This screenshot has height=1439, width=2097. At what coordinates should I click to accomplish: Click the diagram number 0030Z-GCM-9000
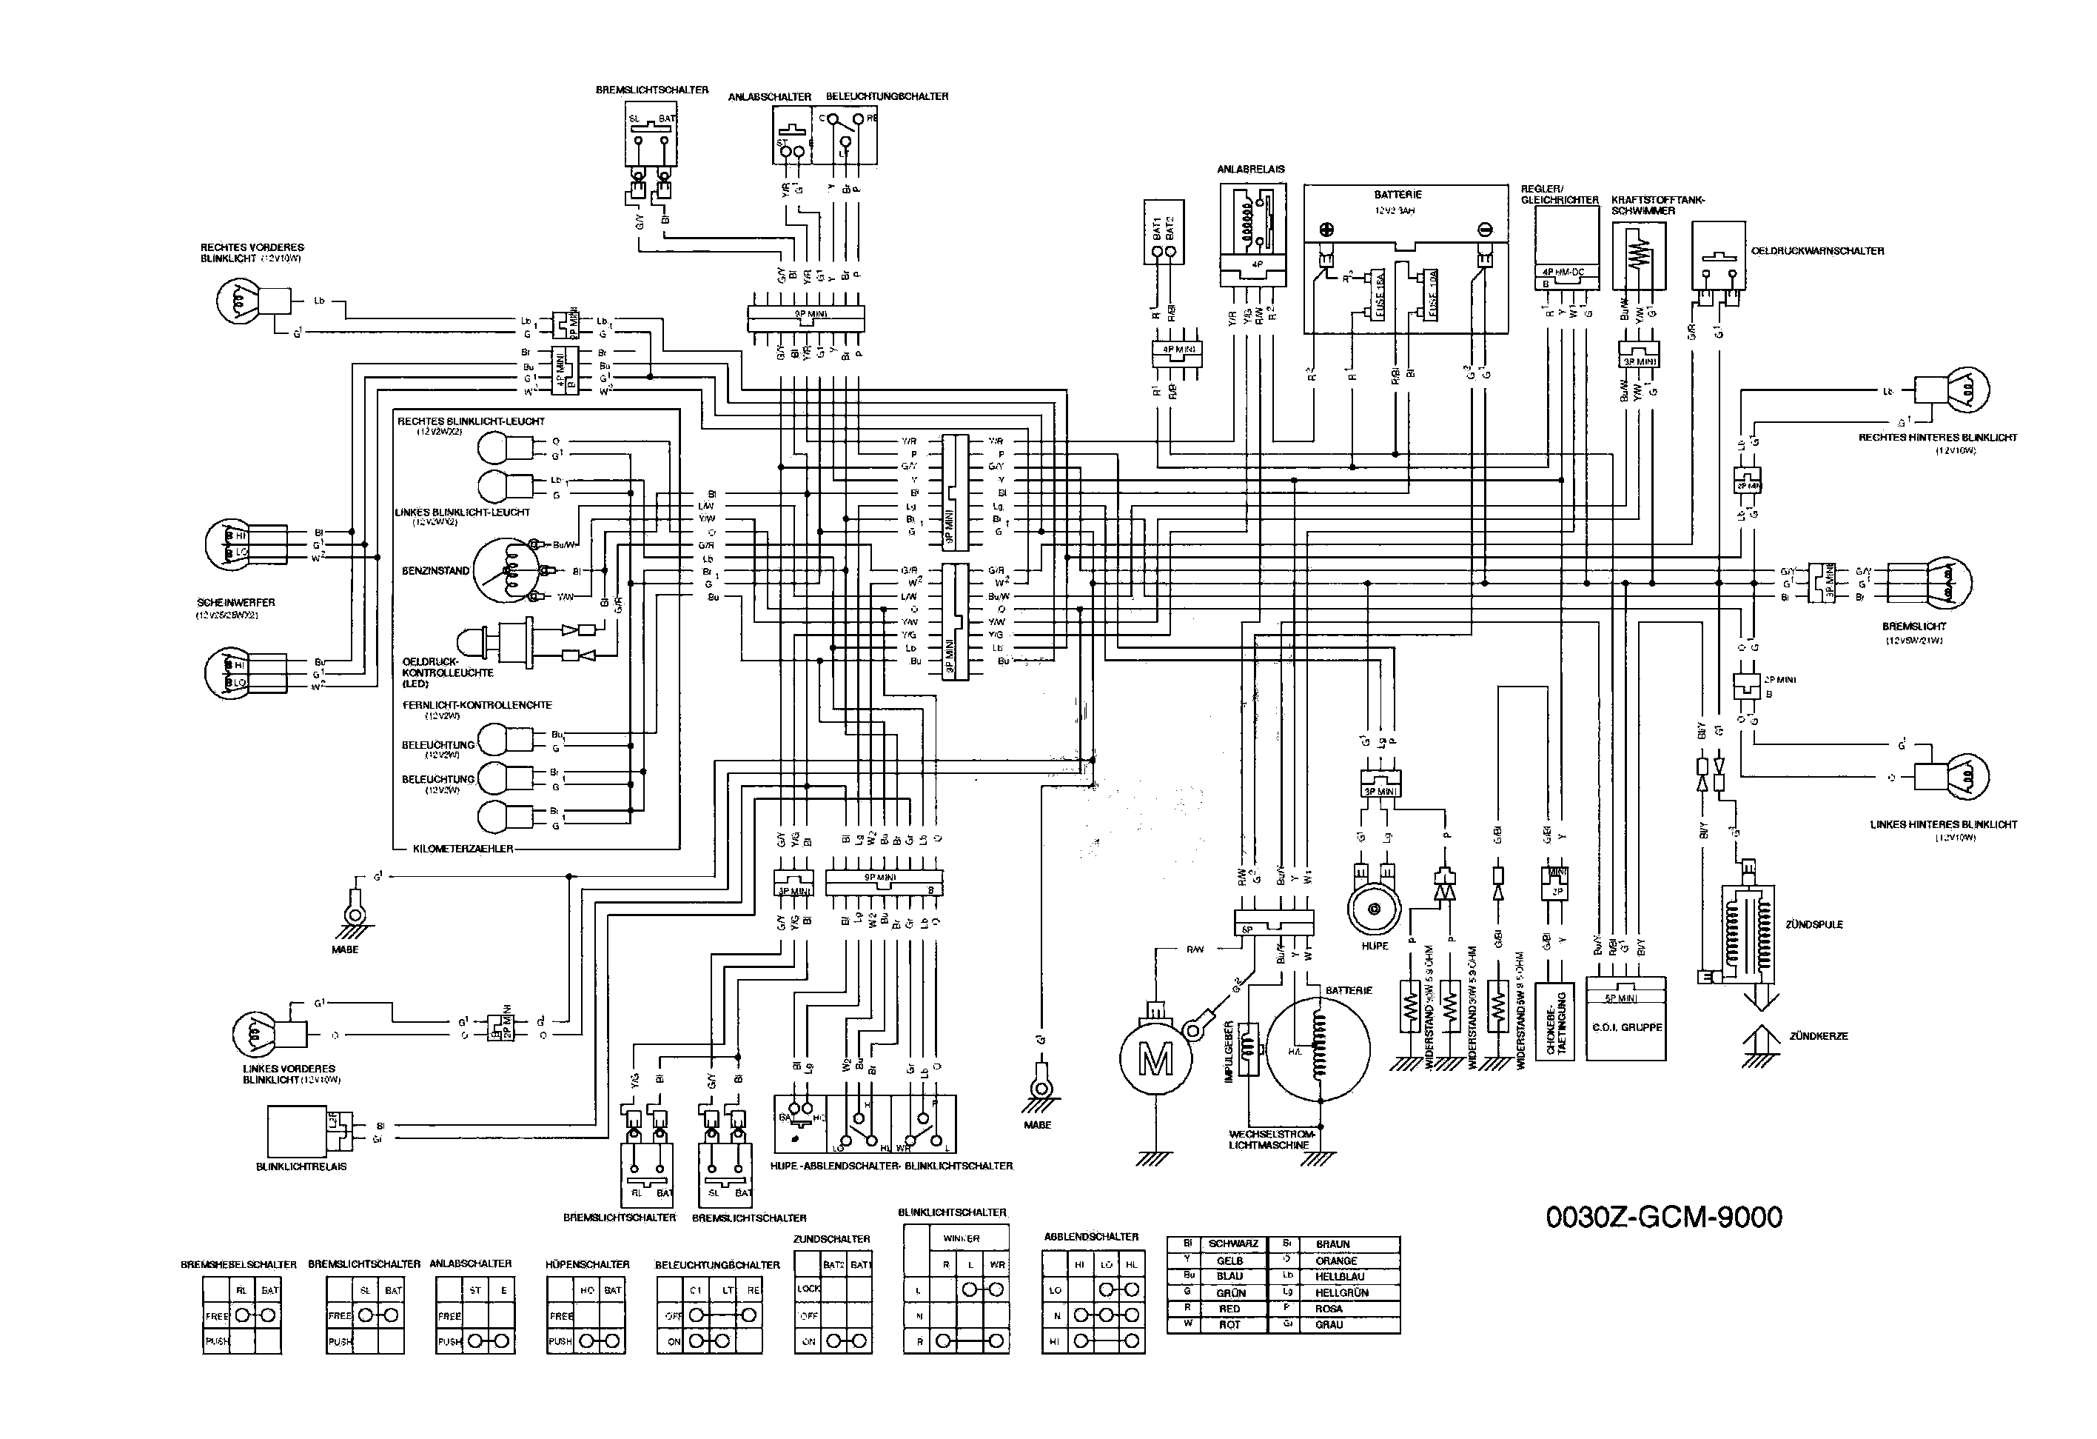(1664, 1218)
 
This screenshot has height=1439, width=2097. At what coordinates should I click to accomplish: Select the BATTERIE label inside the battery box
(1398, 195)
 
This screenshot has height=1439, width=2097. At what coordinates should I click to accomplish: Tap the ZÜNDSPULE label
(1814, 924)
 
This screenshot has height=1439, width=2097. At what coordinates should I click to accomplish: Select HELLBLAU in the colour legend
(1339, 1277)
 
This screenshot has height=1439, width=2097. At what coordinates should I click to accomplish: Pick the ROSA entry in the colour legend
(1328, 1309)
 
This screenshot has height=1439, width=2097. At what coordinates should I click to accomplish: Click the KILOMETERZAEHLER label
(463, 849)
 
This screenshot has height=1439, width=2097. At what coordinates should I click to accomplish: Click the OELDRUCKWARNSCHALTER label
(1817, 251)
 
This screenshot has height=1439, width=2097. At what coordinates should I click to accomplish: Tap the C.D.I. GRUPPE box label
(1627, 1027)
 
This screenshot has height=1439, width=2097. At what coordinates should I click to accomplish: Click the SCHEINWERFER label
(235, 602)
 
